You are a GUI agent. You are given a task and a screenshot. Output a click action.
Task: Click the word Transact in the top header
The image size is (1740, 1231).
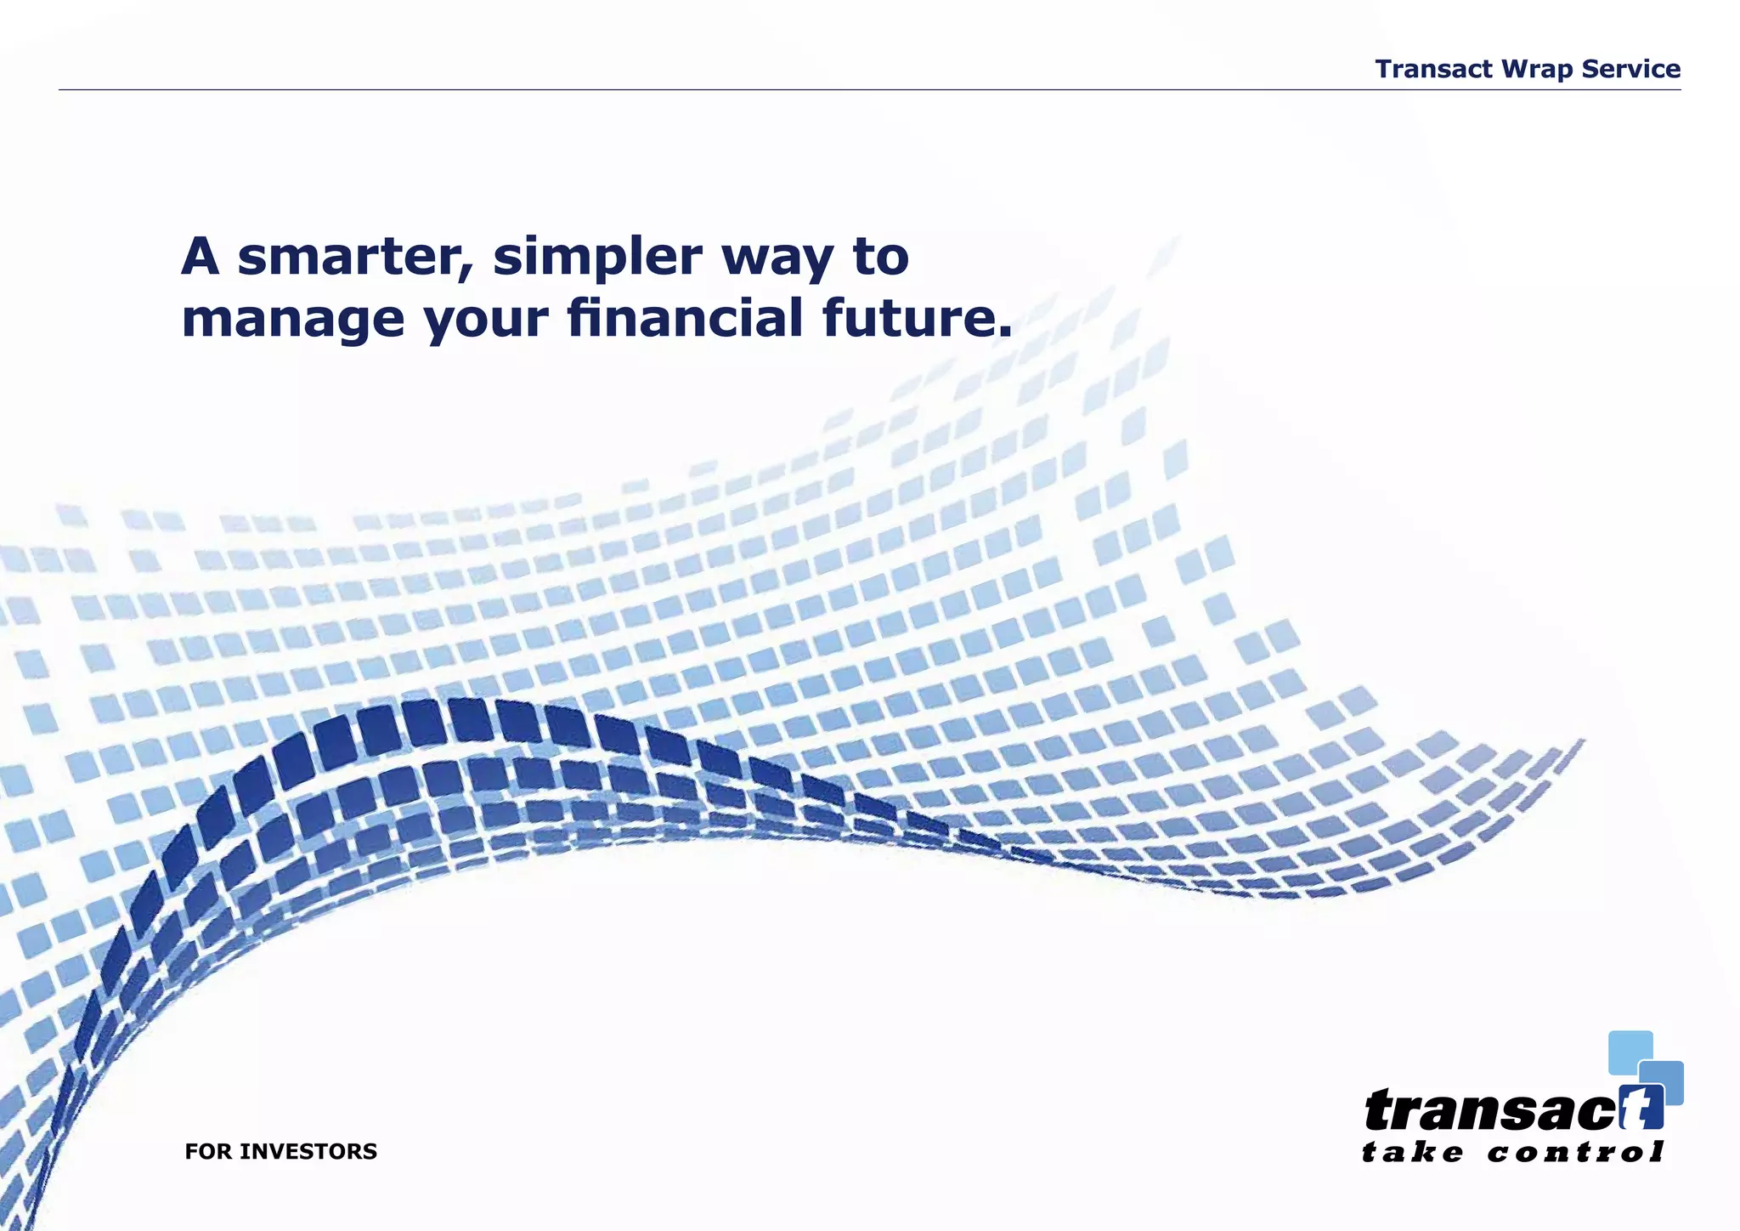point(1433,69)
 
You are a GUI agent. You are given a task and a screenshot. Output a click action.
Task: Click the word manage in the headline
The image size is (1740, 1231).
point(293,320)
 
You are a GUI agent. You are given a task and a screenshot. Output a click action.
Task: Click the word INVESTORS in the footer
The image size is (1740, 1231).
point(308,1152)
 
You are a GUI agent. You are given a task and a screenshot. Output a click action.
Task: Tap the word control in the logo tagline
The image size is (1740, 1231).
point(1575,1153)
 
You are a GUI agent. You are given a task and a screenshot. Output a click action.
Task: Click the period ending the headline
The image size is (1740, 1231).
point(1005,332)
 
